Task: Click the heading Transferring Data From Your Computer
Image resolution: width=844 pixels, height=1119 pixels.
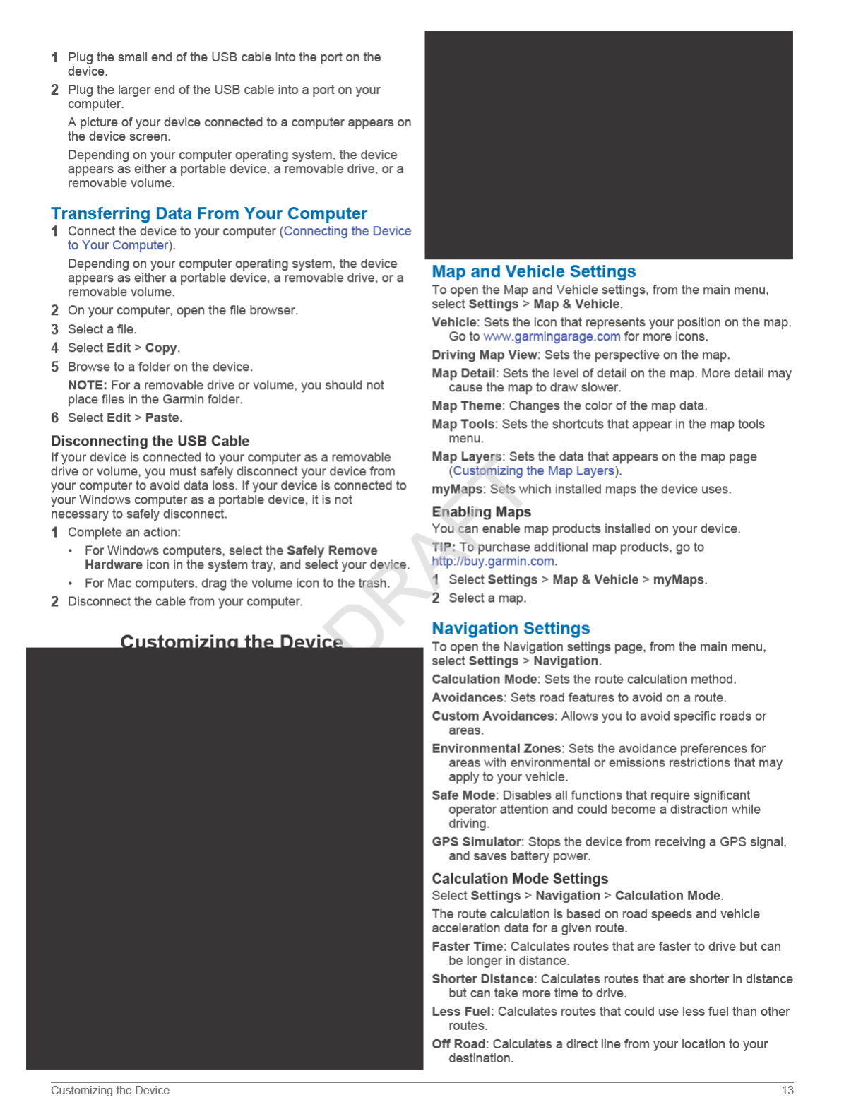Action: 209,213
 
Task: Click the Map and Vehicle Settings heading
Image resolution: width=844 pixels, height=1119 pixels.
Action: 533,271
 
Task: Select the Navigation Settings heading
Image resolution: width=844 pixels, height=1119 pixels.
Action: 511,628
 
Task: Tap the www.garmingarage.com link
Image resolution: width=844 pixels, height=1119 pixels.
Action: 552,336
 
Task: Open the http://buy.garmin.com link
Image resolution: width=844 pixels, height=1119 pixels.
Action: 493,561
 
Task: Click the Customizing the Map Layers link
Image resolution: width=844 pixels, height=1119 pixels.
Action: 534,470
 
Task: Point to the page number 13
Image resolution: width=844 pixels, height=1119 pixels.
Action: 787,1090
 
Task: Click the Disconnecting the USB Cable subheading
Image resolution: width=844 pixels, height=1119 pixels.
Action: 150,441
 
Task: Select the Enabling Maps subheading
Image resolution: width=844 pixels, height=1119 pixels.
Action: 481,511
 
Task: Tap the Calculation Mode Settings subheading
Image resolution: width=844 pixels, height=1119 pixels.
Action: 520,878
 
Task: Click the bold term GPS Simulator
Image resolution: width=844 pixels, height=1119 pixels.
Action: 476,841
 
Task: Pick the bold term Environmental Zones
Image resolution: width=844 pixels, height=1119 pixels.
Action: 497,748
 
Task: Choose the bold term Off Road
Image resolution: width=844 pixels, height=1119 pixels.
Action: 458,1043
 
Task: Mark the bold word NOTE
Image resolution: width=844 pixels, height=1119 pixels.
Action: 87,385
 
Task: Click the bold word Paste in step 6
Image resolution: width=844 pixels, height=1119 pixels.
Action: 162,418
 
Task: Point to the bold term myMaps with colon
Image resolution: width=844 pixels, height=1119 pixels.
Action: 458,489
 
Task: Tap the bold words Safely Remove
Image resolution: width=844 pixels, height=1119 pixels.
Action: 332,550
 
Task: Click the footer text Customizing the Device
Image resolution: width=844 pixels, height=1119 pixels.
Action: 110,1090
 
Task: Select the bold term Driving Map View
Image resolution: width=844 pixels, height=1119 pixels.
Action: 485,355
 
